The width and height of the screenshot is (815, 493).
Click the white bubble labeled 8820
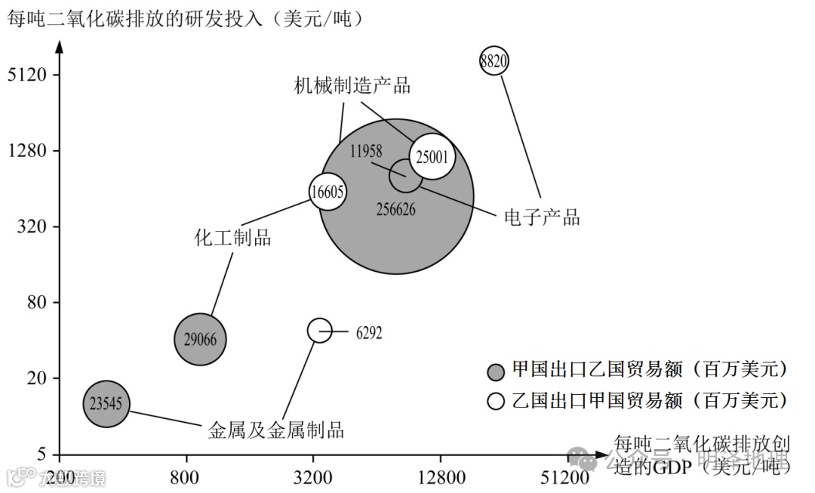pos(494,61)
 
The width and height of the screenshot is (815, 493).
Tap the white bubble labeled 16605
pos(328,192)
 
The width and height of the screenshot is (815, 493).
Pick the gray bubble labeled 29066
pos(200,340)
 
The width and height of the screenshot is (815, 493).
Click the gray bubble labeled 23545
pos(107,403)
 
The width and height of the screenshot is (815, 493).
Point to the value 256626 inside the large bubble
pos(395,209)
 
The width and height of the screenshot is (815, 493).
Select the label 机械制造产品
pos(352,85)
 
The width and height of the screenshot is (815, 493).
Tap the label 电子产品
pos(542,217)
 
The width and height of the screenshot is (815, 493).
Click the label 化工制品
pos(232,239)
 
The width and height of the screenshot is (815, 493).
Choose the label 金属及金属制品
pos(276,430)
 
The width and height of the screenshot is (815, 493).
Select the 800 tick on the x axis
pos(185,477)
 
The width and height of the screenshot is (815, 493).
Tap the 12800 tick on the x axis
pos(440,477)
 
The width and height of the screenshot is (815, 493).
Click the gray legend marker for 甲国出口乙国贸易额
pos(496,371)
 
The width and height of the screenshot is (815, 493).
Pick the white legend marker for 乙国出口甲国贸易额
pos(496,400)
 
